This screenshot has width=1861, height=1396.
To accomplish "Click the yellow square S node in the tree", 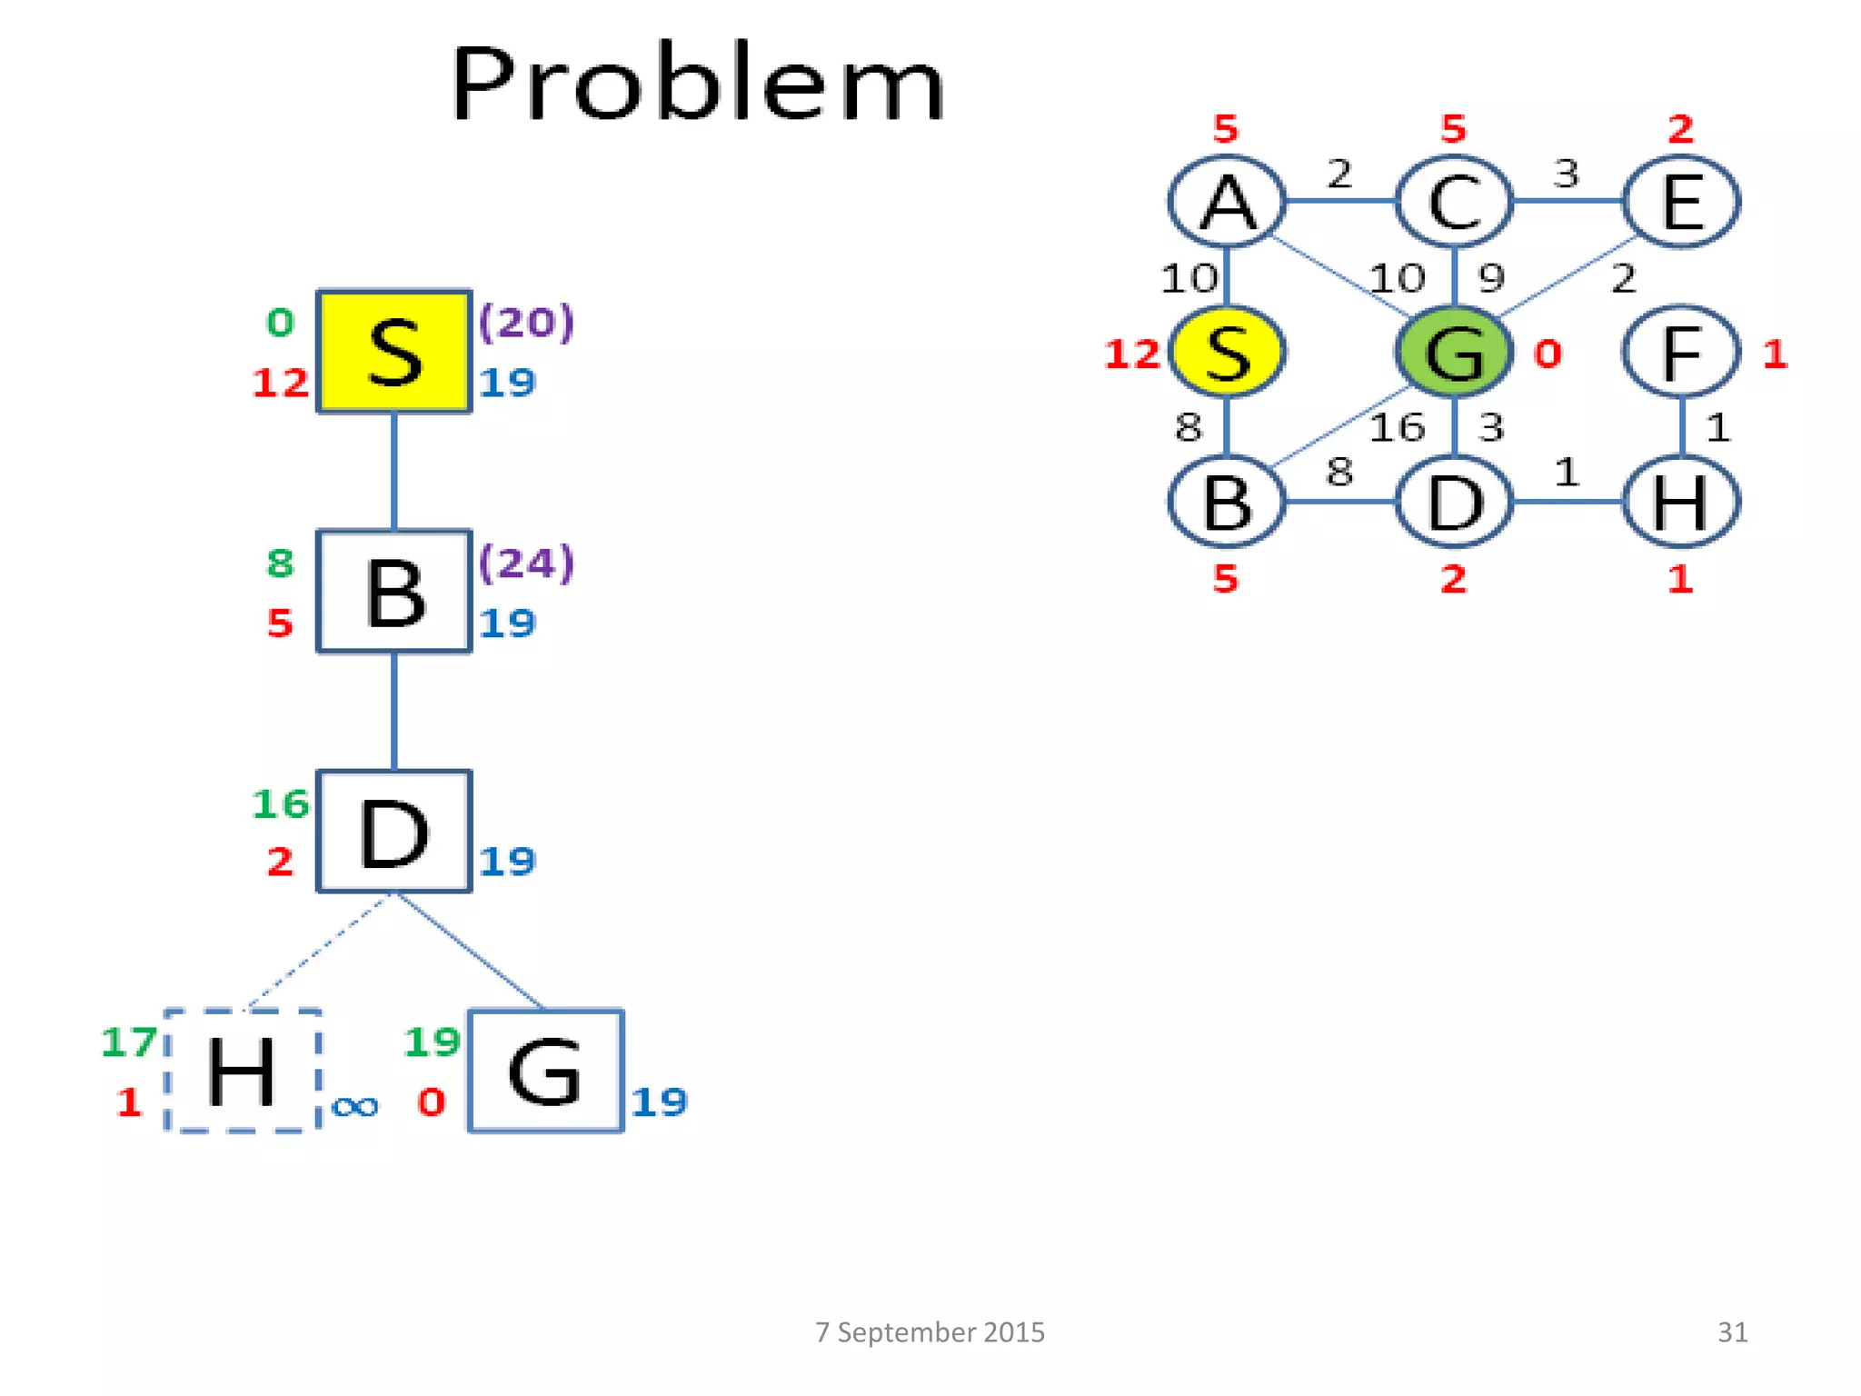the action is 393,352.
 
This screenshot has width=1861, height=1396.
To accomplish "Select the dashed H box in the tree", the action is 243,1071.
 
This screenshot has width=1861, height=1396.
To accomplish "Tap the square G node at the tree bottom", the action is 545,1071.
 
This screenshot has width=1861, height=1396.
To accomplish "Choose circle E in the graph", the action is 1681,202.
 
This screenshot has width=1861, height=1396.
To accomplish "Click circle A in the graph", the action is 1227,202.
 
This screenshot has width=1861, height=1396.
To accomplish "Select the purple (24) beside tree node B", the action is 527,563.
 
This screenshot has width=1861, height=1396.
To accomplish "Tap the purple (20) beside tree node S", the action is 527,322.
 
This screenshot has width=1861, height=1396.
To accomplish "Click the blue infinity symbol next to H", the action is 354,1106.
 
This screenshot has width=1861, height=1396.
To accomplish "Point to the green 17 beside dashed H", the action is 128,1042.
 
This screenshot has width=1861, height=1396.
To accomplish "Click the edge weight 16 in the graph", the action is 1397,427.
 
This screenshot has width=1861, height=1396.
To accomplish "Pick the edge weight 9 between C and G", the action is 1491,277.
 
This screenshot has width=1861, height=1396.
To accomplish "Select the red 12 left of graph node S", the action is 1132,354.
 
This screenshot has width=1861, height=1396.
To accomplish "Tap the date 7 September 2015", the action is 930,1331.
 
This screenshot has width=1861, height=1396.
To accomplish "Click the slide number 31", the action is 1732,1331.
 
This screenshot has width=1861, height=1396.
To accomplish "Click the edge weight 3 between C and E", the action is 1566,173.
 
